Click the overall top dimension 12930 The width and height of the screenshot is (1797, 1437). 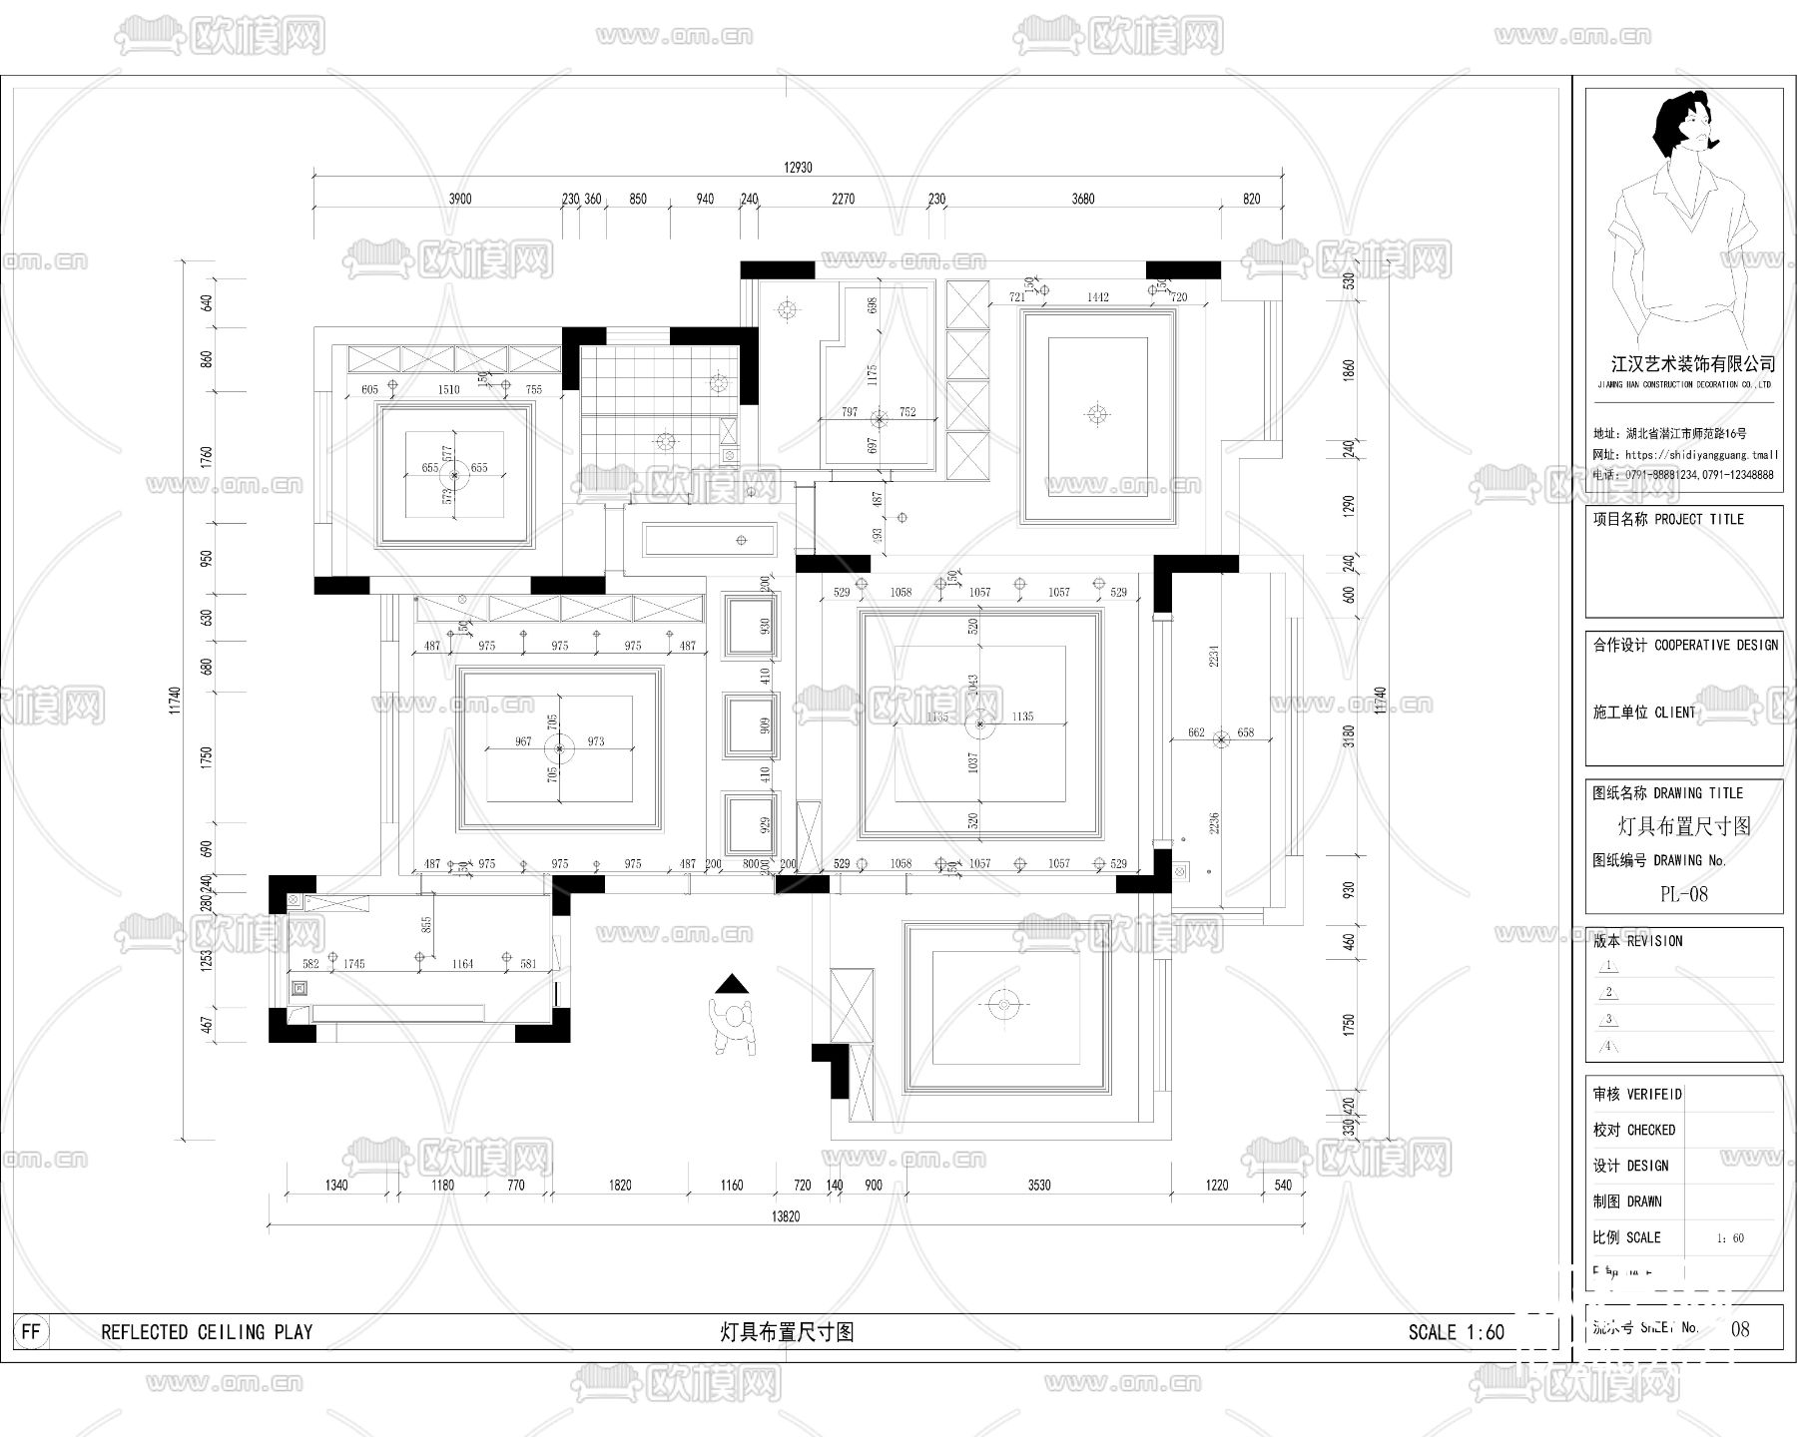[798, 168]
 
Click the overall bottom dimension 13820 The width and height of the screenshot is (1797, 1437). [786, 1216]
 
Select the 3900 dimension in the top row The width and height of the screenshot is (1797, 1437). [459, 199]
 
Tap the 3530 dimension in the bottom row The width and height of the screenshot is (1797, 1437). [1039, 1186]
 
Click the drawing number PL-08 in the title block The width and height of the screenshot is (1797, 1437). [1683, 894]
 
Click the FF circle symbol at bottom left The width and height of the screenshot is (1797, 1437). [31, 1332]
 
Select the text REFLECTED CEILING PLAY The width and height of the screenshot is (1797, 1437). [207, 1332]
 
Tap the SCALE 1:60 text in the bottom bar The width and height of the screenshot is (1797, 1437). [1456, 1332]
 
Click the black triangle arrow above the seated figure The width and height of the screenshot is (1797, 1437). [732, 984]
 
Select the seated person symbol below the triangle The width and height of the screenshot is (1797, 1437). [736, 1026]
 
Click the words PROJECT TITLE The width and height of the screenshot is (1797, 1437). [1699, 519]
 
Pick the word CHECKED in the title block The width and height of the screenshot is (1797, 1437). [1651, 1130]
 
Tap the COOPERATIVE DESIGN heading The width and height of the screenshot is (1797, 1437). [1716, 646]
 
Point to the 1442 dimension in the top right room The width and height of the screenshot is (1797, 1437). [1097, 297]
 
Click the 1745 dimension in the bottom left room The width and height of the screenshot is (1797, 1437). [353, 964]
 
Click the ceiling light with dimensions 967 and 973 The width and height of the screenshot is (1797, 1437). [559, 748]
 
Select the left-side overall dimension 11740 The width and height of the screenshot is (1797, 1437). [175, 700]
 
